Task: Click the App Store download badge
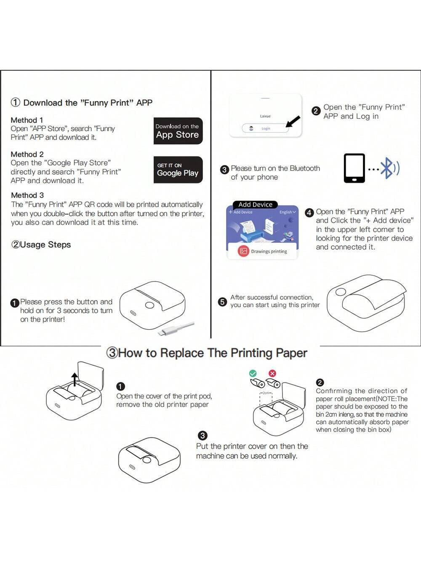(x=178, y=131)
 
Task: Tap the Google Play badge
(x=178, y=170)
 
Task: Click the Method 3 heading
(x=27, y=195)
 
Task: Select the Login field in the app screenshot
(x=265, y=128)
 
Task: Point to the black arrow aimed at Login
(x=293, y=122)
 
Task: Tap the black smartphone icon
(x=354, y=168)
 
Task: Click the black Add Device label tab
(x=255, y=205)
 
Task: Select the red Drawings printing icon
(x=243, y=251)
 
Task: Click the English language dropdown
(x=288, y=212)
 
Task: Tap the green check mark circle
(x=253, y=373)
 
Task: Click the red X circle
(x=272, y=373)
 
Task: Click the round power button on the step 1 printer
(x=149, y=306)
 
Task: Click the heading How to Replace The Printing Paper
(x=207, y=353)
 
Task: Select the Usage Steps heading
(x=41, y=245)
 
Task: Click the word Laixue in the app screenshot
(x=265, y=116)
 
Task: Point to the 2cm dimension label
(x=266, y=393)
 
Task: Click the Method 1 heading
(x=27, y=120)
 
